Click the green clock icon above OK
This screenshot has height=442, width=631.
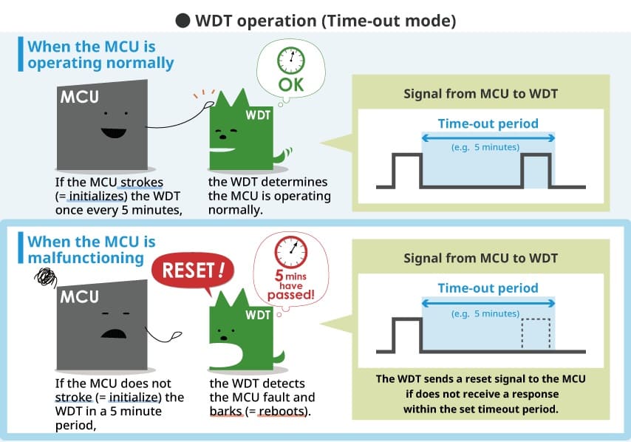(x=290, y=61)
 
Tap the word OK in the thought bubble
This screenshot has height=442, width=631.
(x=290, y=84)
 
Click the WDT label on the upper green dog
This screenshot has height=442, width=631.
(x=258, y=115)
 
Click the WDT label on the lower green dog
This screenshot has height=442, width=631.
(x=258, y=315)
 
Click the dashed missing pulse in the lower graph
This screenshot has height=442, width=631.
(x=536, y=335)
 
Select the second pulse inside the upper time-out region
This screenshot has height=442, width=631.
(x=536, y=169)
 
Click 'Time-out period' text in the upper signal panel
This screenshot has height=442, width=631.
(x=488, y=123)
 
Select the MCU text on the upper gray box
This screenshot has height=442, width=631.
(x=79, y=98)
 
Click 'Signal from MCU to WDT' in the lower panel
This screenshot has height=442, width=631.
(x=480, y=258)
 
